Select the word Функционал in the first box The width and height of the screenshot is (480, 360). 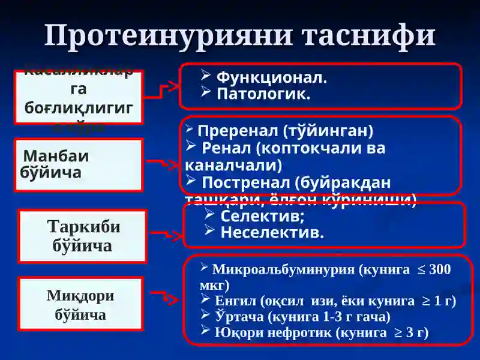tap(271, 78)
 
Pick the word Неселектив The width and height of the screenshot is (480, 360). tap(272, 232)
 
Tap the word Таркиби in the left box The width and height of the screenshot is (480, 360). tap(83, 227)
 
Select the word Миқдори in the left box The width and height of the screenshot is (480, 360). tap(80, 296)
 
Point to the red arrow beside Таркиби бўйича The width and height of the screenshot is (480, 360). tap(164, 234)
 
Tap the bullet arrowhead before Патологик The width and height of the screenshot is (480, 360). tap(205, 92)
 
